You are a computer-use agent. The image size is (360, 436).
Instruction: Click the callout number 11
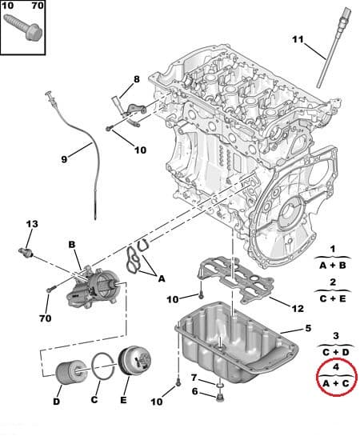[298, 39]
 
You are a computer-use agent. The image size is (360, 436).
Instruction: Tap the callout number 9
[64, 159]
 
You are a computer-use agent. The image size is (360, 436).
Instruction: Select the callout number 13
[32, 224]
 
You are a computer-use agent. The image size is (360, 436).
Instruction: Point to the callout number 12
[298, 308]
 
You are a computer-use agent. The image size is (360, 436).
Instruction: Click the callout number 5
[308, 328]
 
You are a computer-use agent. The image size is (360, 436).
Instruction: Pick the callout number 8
[137, 79]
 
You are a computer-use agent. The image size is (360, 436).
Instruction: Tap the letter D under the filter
[56, 402]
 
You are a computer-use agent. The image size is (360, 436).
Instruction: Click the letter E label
[123, 400]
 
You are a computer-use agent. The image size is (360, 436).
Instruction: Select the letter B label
[72, 245]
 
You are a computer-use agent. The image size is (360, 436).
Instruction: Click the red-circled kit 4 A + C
[336, 377]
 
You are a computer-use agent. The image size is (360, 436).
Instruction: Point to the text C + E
[333, 298]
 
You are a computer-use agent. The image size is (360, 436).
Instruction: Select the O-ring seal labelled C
[104, 366]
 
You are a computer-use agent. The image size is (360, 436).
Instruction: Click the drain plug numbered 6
[220, 398]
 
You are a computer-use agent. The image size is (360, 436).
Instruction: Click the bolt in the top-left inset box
[22, 28]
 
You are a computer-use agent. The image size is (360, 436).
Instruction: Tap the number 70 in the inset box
[38, 6]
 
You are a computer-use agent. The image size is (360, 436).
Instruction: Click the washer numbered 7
[220, 386]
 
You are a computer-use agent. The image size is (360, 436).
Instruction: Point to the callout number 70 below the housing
[46, 318]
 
